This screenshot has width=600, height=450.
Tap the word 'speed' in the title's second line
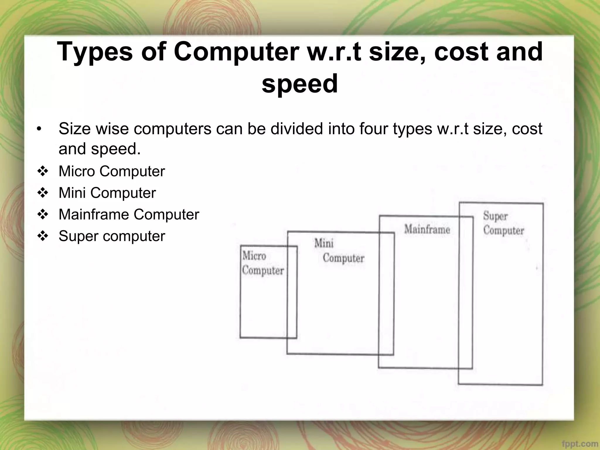click(300, 84)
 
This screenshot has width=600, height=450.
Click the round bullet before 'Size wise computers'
click(40, 129)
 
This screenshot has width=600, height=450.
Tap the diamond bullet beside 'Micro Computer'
click(43, 171)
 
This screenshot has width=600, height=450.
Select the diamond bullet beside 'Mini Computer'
click(43, 193)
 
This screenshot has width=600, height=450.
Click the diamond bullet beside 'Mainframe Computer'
click(43, 215)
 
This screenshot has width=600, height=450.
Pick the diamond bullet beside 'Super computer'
click(43, 236)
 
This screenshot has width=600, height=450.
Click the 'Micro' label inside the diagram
click(254, 256)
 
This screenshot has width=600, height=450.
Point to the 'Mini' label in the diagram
click(324, 243)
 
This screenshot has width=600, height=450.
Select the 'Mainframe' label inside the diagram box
click(427, 229)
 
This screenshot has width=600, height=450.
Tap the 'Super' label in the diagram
click(495, 216)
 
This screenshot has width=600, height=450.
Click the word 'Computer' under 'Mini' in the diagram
click(343, 258)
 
